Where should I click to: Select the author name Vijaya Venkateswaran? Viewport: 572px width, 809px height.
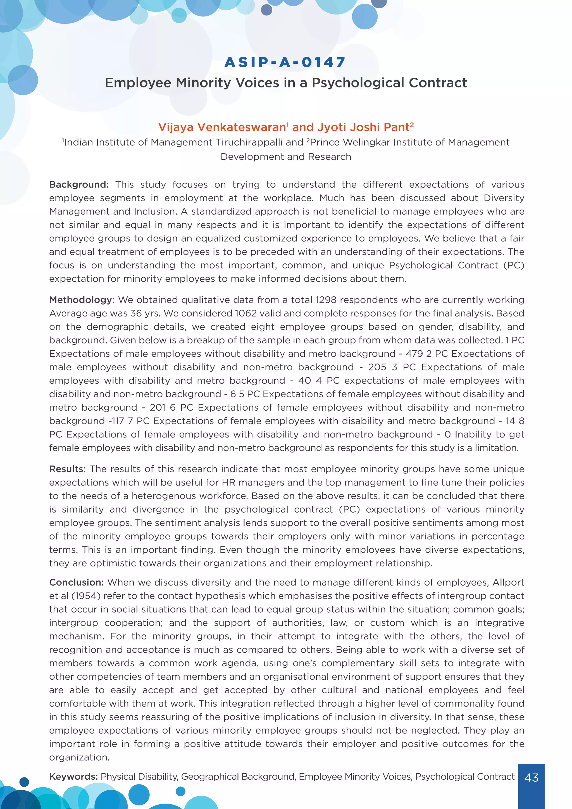pos(223,127)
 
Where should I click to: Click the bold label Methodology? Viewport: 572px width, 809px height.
pos(82,300)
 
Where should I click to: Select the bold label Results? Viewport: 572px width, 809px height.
pos(67,469)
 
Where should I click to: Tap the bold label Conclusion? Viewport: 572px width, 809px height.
pos(76,582)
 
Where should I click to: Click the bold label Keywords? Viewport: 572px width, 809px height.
pos(73,777)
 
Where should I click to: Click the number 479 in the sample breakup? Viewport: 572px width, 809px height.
pos(414,354)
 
